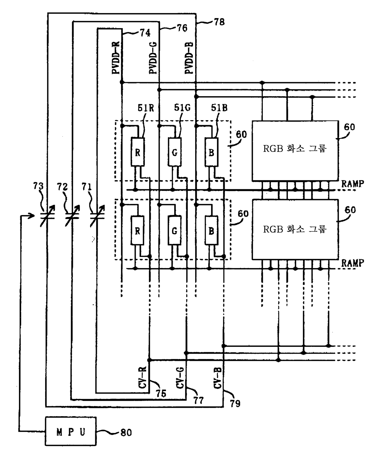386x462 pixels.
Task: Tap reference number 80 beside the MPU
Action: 126,432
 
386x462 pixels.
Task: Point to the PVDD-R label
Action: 116,58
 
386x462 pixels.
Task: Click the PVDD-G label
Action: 153,58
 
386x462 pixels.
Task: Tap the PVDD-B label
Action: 189,58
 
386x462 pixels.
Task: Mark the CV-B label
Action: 218,378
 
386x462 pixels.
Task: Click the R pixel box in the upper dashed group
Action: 138,152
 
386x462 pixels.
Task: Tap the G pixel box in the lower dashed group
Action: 175,230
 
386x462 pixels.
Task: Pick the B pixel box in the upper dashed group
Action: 211,152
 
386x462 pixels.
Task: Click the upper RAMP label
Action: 353,184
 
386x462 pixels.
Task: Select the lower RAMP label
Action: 353,263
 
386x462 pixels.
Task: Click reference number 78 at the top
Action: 219,22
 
